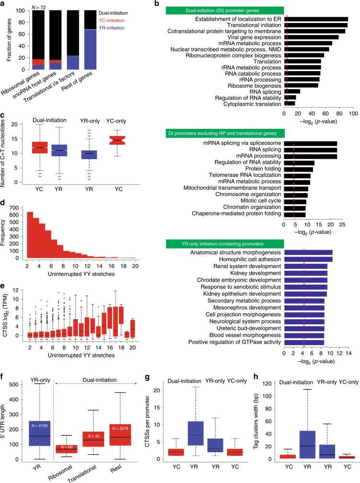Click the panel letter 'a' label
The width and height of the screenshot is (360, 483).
(3, 3)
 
